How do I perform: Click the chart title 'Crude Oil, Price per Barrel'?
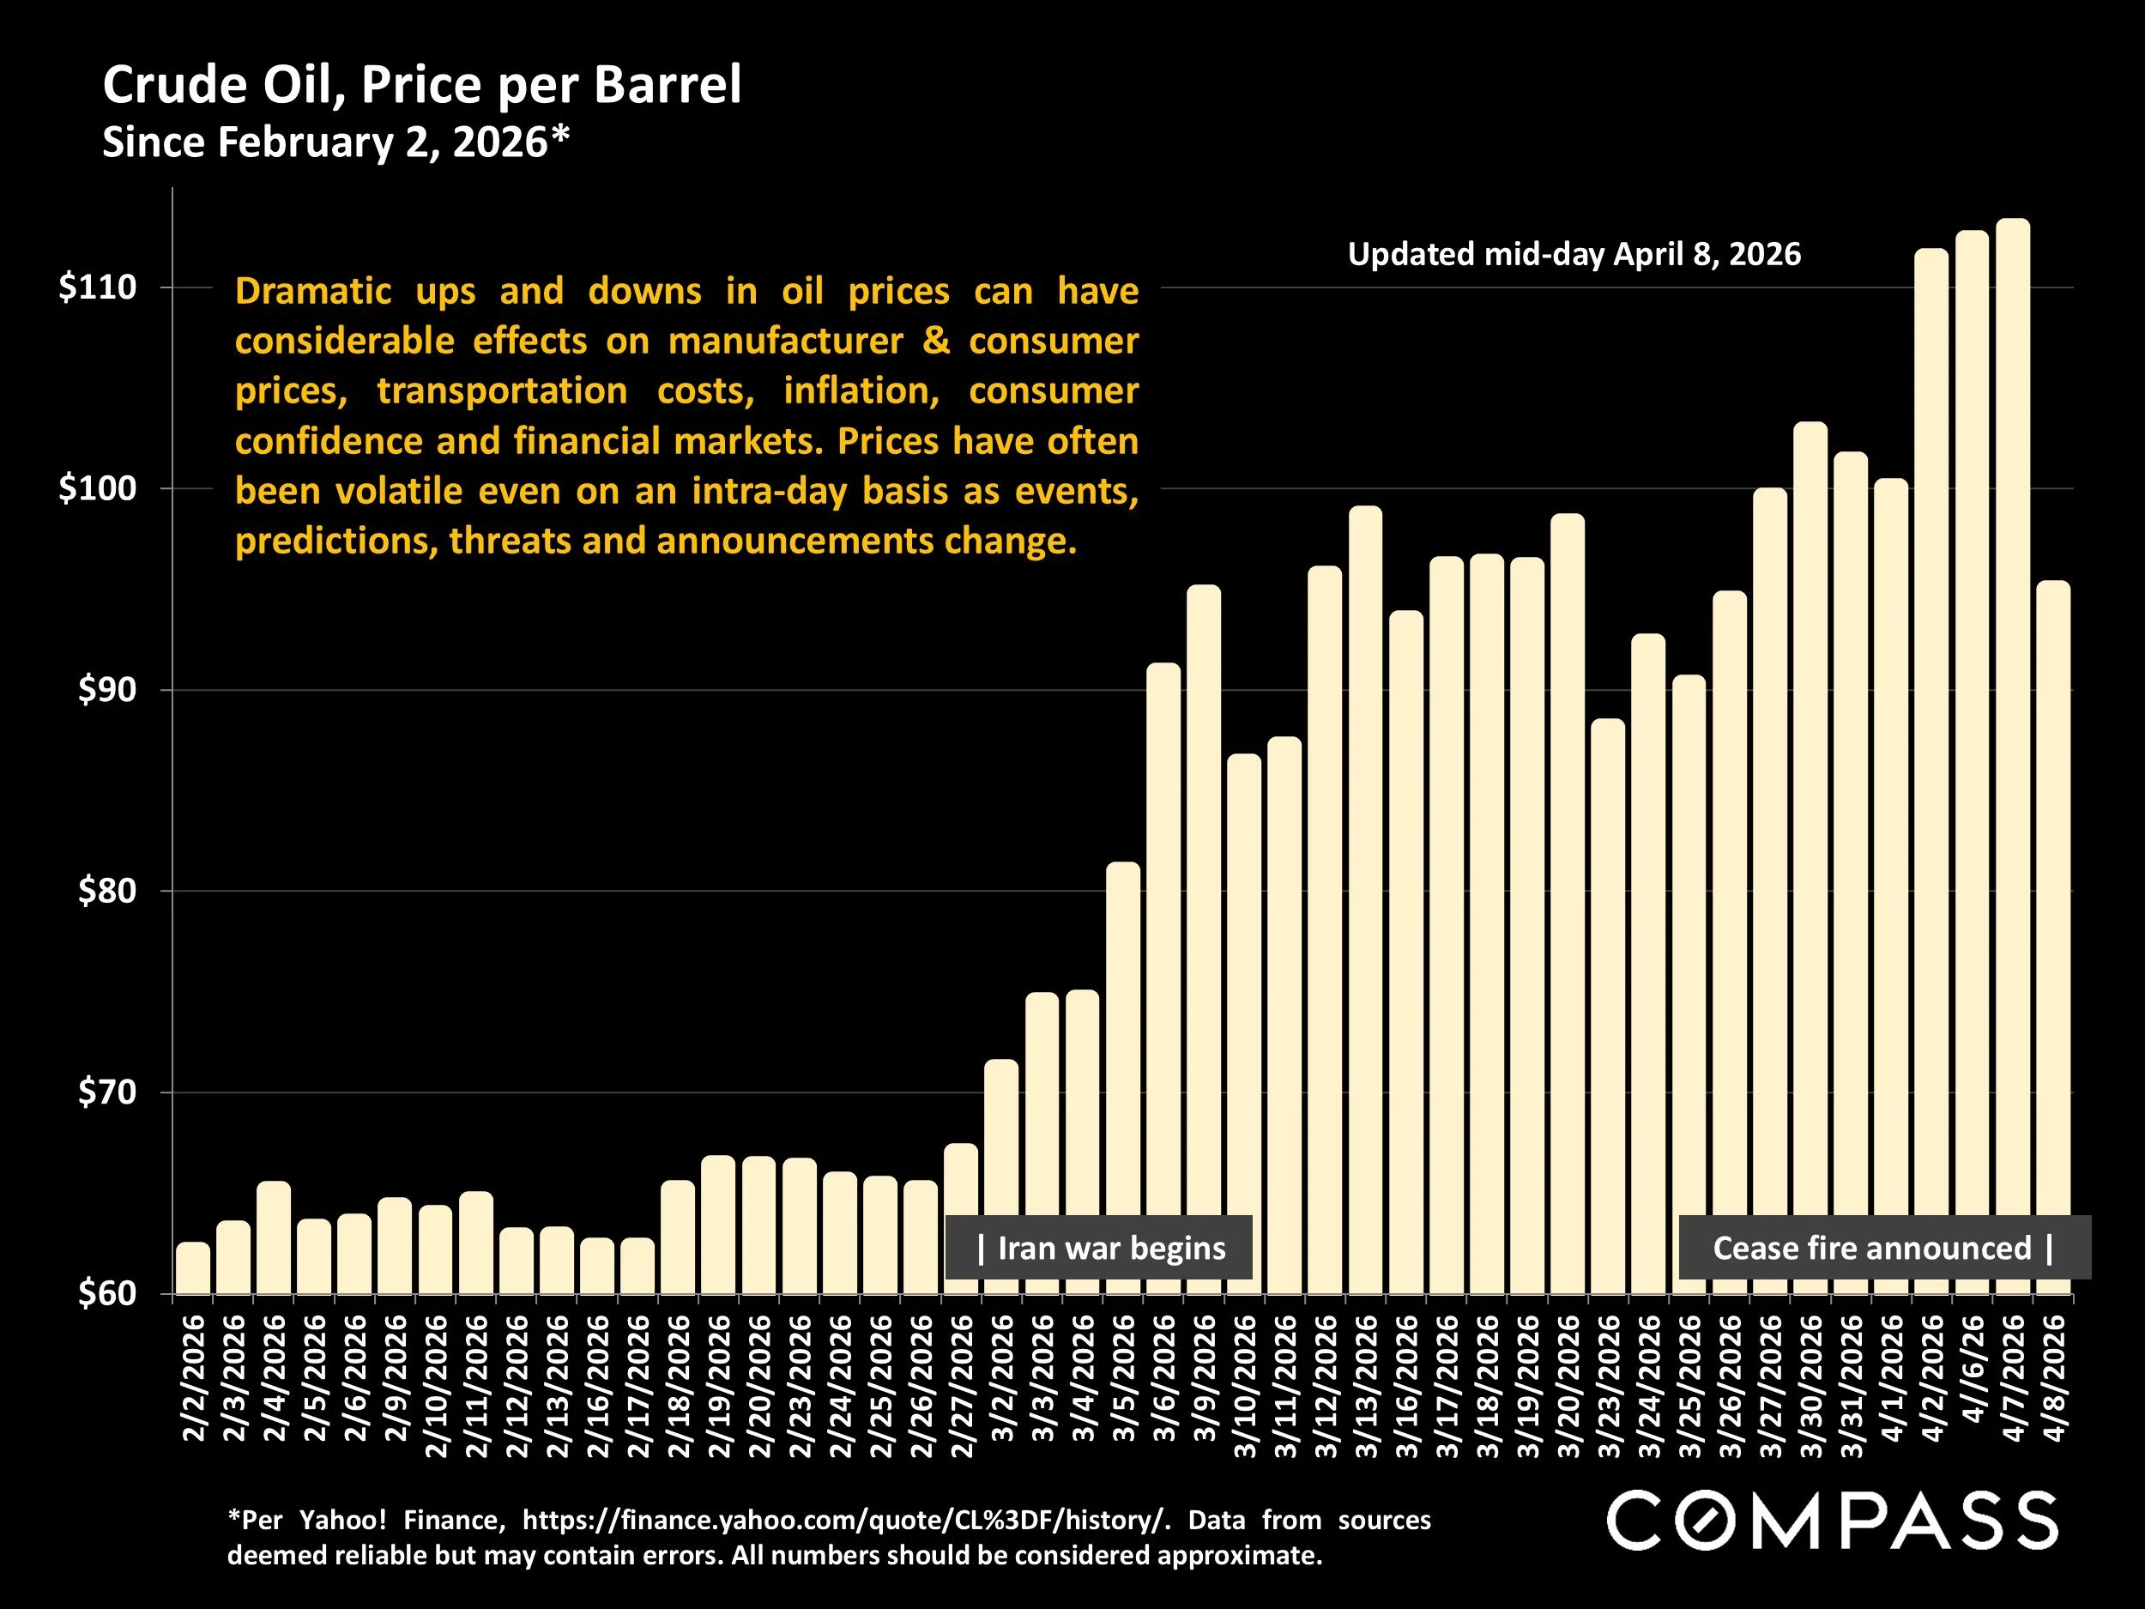[422, 85]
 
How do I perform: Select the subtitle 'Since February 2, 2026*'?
[335, 142]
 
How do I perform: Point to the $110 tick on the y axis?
[96, 287]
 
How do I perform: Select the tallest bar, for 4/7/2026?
[2013, 757]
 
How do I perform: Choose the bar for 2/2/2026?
[193, 1267]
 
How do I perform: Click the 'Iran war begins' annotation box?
[1099, 1247]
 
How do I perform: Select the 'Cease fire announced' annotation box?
[1883, 1247]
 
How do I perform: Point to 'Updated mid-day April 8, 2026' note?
[1574, 254]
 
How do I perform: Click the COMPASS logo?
[1832, 1521]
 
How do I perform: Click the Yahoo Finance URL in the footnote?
[841, 1520]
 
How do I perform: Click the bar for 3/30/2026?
[1810, 858]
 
